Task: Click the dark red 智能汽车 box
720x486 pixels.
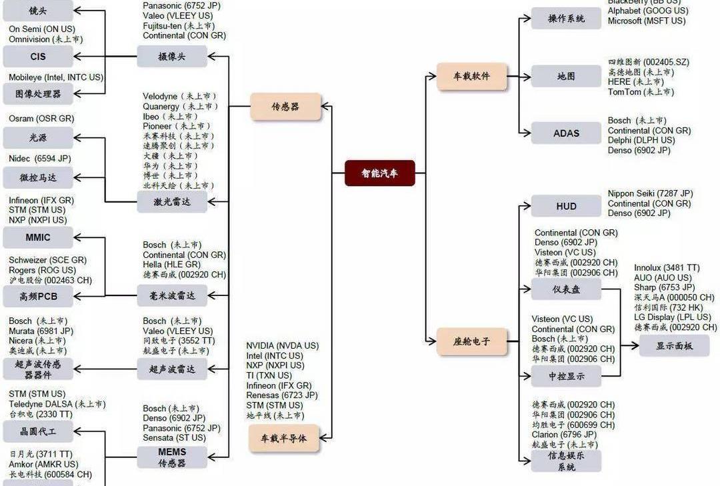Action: point(379,173)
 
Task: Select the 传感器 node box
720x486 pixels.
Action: point(285,107)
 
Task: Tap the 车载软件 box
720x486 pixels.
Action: point(471,77)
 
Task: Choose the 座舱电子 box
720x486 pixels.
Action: point(471,341)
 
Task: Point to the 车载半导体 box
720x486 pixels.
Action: point(284,438)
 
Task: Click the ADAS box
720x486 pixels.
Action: point(566,133)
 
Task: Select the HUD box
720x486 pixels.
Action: point(566,207)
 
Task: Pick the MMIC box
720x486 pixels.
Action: point(38,237)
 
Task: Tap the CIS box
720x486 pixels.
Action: point(38,57)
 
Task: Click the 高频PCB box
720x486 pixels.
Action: point(38,296)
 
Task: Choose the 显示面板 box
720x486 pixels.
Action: point(674,346)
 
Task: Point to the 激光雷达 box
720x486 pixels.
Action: point(172,201)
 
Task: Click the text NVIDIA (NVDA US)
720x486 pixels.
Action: point(282,346)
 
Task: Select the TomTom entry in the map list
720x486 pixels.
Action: point(631,92)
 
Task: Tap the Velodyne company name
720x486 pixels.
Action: point(160,97)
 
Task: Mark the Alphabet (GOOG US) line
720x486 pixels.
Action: point(648,11)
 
